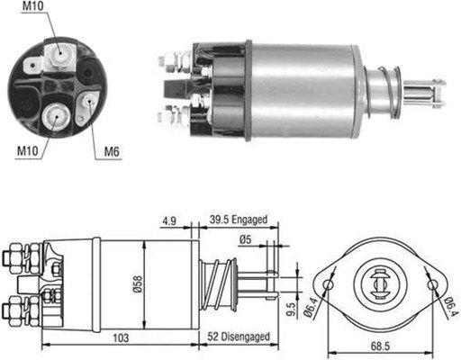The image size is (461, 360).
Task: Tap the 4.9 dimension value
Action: [168, 219]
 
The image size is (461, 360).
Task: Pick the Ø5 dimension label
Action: [244, 238]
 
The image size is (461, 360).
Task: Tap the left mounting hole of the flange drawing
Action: [330, 284]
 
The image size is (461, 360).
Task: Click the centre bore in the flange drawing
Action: [381, 282]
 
